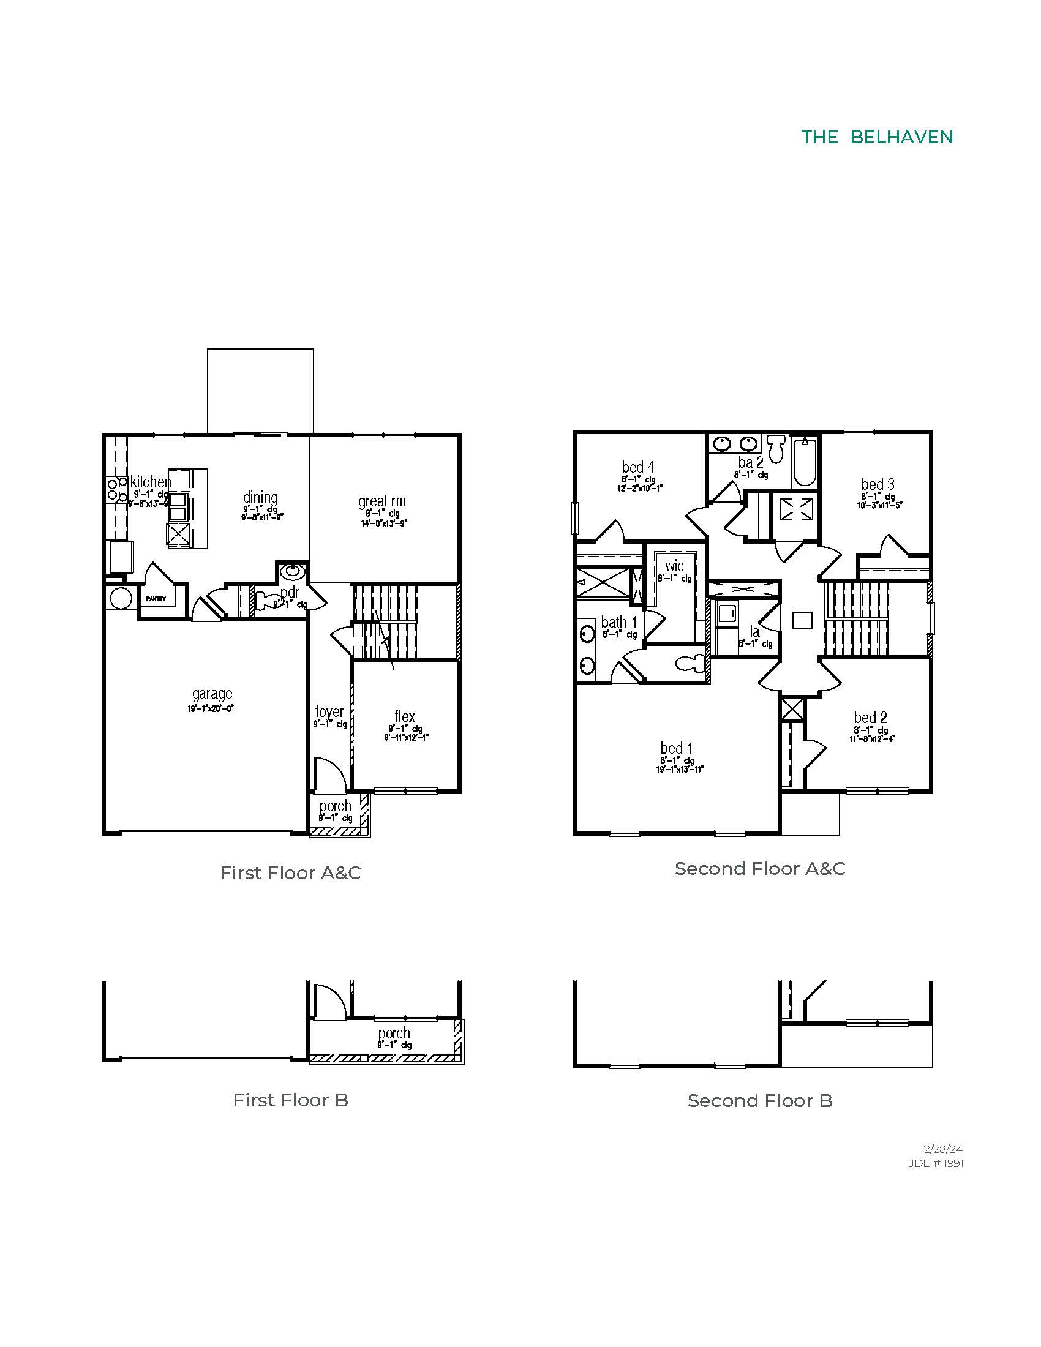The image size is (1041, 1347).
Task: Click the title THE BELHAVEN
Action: coord(876,137)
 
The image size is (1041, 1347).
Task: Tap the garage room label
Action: coord(211,694)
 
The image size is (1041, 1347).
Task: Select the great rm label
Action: coord(381,501)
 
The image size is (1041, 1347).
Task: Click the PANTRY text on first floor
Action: coord(156,599)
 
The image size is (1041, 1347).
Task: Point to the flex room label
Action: coord(405,716)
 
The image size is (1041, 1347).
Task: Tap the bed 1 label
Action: coord(677,748)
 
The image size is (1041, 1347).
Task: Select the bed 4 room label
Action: coord(637,467)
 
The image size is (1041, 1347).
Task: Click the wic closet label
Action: coord(674,566)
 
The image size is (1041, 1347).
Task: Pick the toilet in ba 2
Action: coord(776,449)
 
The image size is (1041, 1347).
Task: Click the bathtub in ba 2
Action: coord(804,462)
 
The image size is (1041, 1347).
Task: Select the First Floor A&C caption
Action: coord(290,872)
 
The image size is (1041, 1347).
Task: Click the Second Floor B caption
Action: coord(760,1101)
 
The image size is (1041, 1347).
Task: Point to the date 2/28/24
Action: coord(943,1149)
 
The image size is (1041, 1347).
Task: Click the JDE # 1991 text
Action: coord(936,1163)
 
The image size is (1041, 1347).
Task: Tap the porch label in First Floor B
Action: coord(394,1033)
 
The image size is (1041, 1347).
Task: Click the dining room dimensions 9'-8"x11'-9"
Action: coord(262,518)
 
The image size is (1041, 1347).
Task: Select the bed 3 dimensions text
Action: coord(879,505)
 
